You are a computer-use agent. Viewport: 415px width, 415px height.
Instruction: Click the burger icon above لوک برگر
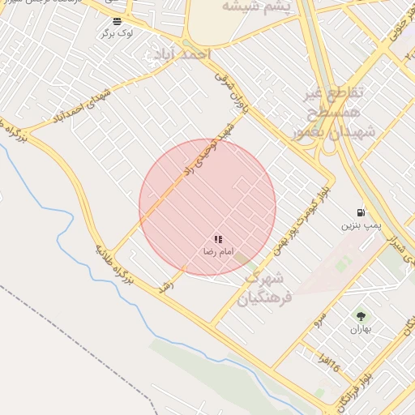pos(118,20)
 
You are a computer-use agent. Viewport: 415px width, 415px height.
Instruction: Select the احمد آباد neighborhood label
pos(179,53)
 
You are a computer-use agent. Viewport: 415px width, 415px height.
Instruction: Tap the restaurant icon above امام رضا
pos(218,239)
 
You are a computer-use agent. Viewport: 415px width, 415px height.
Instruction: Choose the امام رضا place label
pos(218,252)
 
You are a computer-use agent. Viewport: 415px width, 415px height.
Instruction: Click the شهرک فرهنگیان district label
pos(263,288)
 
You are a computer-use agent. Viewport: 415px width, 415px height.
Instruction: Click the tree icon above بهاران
pos(360,315)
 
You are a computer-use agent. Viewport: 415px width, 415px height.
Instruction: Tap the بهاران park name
pos(360,329)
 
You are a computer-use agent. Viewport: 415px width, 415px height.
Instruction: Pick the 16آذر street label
pos(330,364)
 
